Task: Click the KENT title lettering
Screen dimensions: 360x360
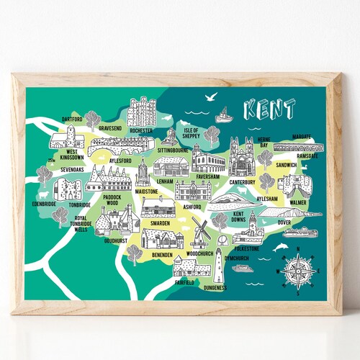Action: click(269, 110)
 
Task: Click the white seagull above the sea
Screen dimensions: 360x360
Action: click(210, 96)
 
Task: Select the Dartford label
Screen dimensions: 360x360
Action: click(73, 118)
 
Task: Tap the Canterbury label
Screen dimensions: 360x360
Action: click(241, 181)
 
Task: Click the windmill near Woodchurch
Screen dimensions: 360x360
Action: click(201, 233)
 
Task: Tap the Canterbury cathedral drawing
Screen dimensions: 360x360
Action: click(241, 156)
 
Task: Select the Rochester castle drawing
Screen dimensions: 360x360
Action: click(142, 112)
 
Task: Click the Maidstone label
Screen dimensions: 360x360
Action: click(147, 192)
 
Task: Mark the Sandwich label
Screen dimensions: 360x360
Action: click(286, 165)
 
